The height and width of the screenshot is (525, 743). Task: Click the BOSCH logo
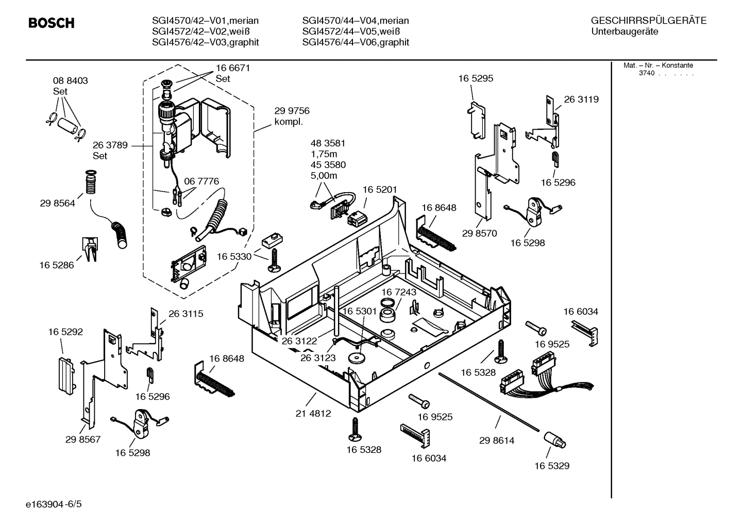51,23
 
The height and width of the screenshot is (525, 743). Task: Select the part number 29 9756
292,111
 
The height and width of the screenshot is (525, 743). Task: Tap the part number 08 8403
70,81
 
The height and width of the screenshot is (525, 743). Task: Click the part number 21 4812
313,413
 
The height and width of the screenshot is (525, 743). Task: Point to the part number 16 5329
551,466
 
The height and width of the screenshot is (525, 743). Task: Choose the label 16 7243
399,292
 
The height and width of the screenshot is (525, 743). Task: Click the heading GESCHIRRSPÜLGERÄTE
648,21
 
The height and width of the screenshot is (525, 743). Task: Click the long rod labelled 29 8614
489,401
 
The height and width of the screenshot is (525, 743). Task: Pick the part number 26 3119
581,99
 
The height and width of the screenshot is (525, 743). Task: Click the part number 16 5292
65,332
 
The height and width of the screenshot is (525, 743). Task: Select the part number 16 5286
57,265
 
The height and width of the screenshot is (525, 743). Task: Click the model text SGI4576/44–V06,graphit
356,42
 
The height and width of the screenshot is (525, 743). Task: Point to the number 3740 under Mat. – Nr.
647,73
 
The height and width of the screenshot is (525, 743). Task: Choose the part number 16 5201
380,190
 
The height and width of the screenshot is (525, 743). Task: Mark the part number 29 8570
479,233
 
